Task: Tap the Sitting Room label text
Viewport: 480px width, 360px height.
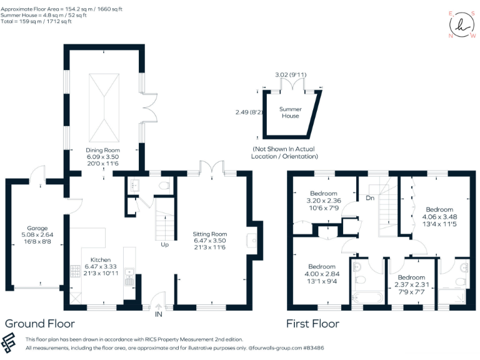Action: pyautogui.click(x=209, y=234)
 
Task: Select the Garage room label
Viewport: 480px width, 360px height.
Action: pyautogui.click(x=37, y=229)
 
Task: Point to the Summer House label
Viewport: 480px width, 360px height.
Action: pyautogui.click(x=290, y=109)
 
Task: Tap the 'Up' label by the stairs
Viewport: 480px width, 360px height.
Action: pyautogui.click(x=165, y=244)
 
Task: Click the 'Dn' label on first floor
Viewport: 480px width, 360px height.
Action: pyautogui.click(x=370, y=198)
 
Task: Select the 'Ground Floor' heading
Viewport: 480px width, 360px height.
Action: pyautogui.click(x=39, y=324)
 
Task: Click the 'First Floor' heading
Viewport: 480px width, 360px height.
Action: pyautogui.click(x=312, y=324)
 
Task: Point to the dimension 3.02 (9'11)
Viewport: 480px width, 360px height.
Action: pyautogui.click(x=291, y=75)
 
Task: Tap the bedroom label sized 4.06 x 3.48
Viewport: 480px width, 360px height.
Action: pyautogui.click(x=439, y=209)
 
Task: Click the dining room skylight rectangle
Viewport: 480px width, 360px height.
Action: pyautogui.click(x=103, y=107)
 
